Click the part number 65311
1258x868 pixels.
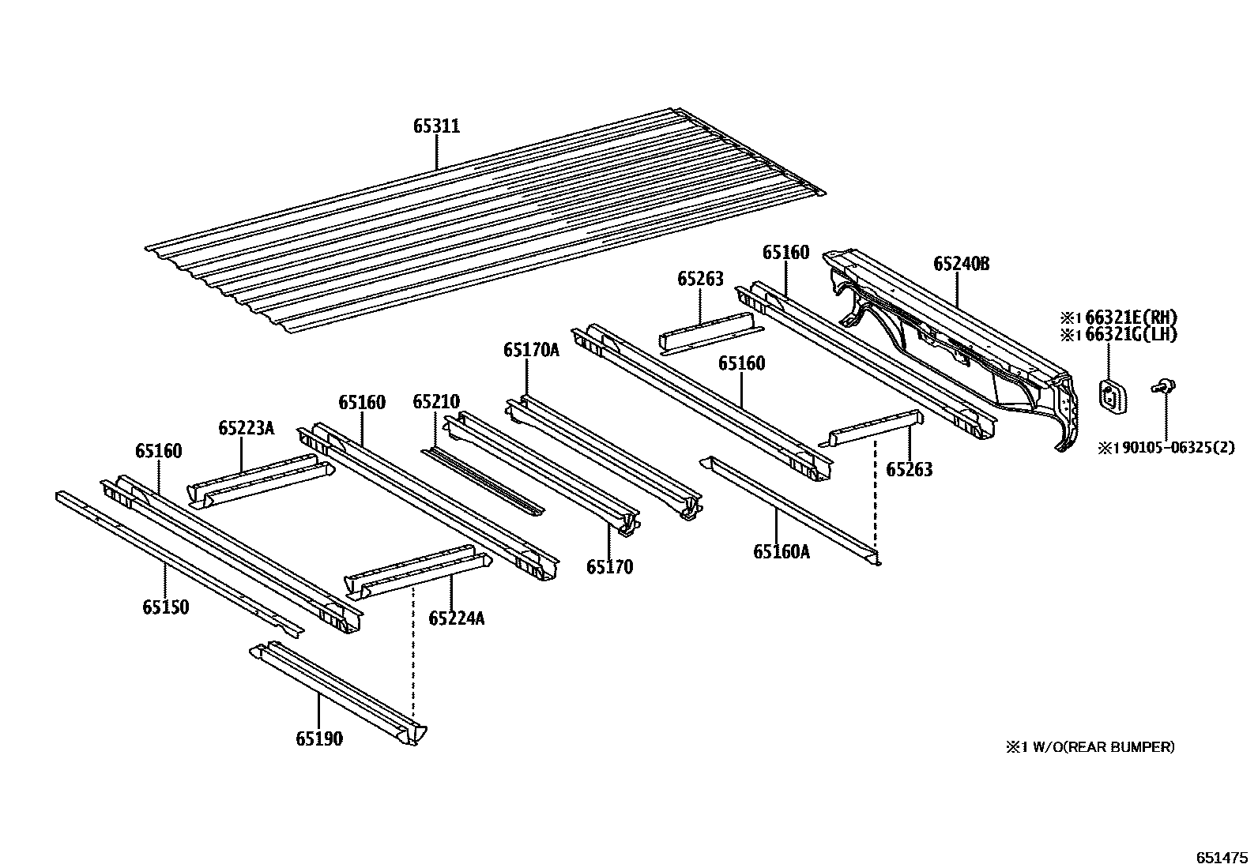[436, 126]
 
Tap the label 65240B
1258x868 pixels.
[960, 264]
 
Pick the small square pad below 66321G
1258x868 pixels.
[1111, 394]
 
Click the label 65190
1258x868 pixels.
[319, 739]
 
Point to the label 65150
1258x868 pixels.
[166, 607]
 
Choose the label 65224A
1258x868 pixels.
[456, 618]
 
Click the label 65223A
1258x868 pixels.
[246, 428]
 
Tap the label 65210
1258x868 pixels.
[435, 402]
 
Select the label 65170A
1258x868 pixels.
[530, 349]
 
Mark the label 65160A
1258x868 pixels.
[781, 552]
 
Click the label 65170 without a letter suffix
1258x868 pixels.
[608, 566]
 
